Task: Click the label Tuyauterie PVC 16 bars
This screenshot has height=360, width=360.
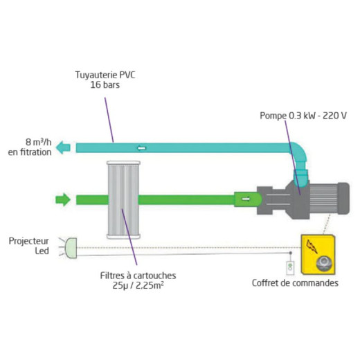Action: pyautogui.click(x=105, y=80)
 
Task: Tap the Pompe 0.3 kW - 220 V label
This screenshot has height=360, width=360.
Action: pyautogui.click(x=303, y=116)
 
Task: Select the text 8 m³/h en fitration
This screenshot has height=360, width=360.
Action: pyautogui.click(x=30, y=147)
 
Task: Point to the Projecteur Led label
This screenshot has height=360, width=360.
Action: pyautogui.click(x=29, y=246)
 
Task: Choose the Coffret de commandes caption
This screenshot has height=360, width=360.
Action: pyautogui.click(x=295, y=283)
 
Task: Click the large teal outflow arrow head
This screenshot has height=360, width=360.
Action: pyautogui.click(x=63, y=147)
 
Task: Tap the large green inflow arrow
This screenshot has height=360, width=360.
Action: pyautogui.click(x=63, y=199)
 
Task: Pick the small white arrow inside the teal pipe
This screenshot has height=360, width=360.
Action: pyautogui.click(x=142, y=148)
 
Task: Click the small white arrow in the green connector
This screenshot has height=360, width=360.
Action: pyautogui.click(x=246, y=199)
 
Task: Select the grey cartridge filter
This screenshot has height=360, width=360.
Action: pyautogui.click(x=123, y=200)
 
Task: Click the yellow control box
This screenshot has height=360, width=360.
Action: pyautogui.click(x=318, y=255)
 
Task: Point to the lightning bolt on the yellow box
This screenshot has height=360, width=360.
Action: pyautogui.click(x=312, y=246)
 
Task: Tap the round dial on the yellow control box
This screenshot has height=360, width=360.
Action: pyautogui.click(x=325, y=264)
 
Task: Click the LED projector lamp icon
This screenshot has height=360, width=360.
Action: pyautogui.click(x=71, y=248)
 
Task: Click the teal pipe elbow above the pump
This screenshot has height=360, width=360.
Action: pyautogui.click(x=299, y=152)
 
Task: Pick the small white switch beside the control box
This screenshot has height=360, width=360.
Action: pyautogui.click(x=290, y=268)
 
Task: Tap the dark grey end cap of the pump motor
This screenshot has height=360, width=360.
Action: pyautogui.click(x=343, y=198)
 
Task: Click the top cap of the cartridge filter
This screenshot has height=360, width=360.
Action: pyautogui.click(x=123, y=163)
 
